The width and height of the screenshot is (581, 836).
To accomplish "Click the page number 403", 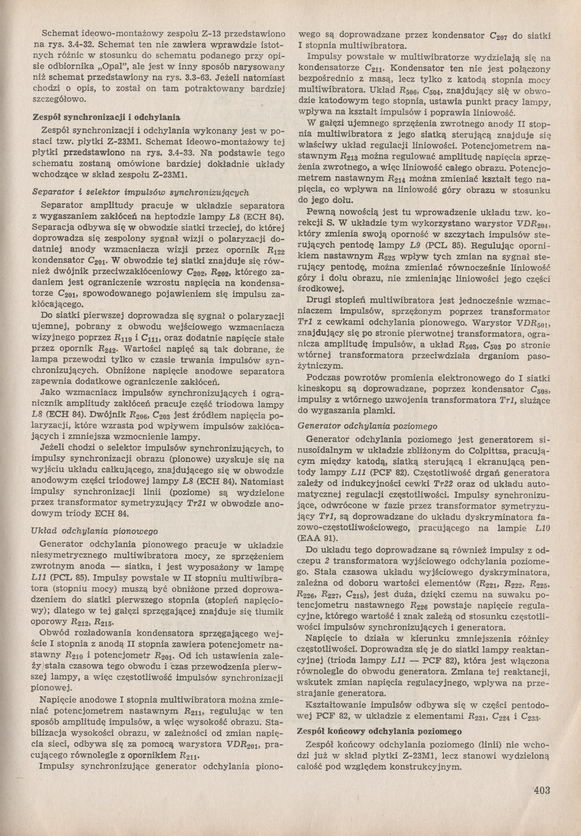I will tap(540, 790).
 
